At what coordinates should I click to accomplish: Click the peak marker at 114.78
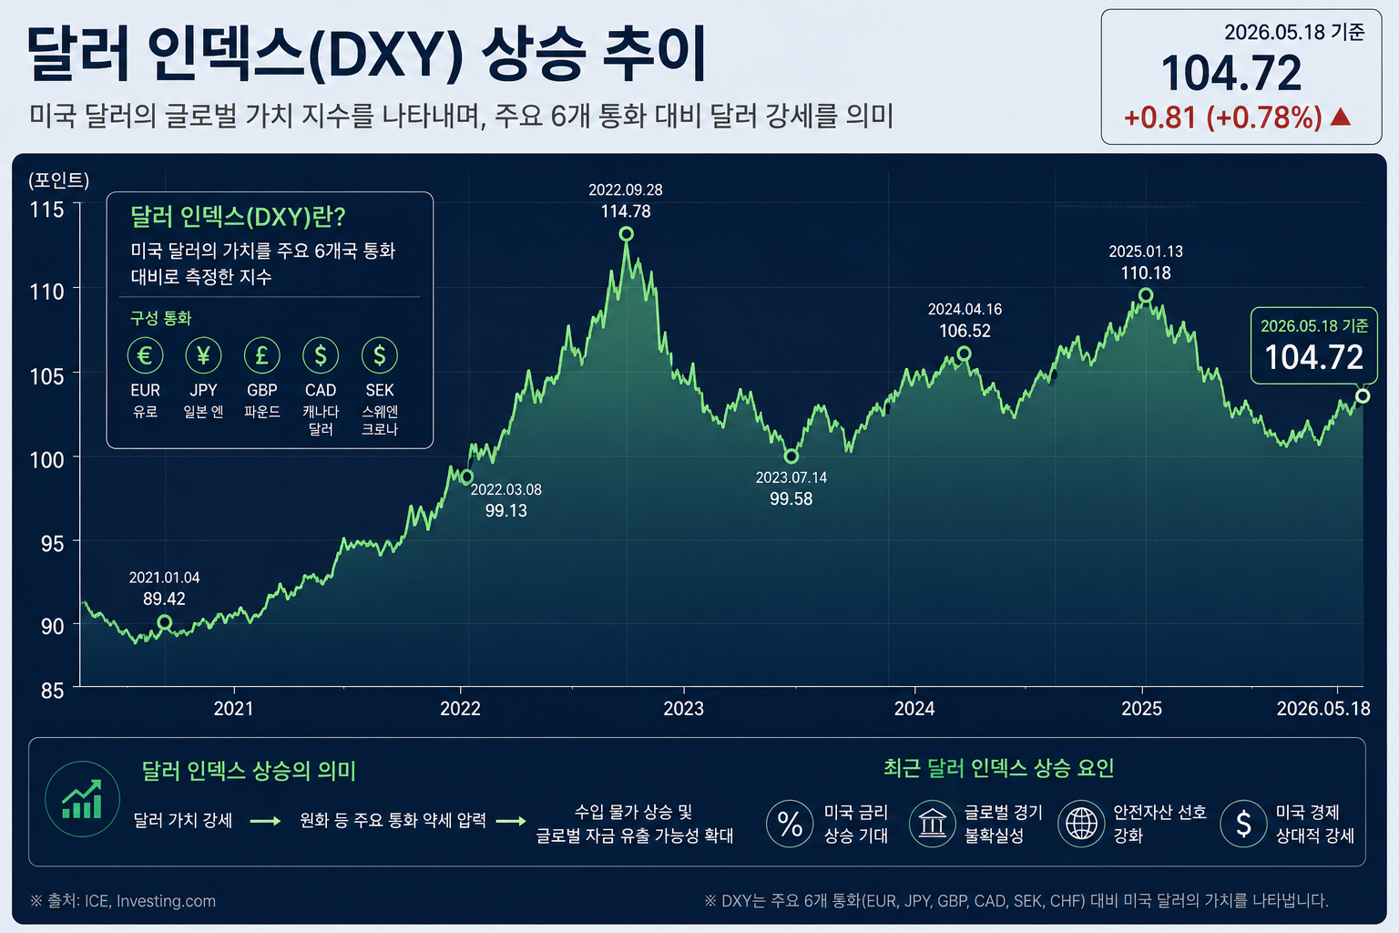(626, 234)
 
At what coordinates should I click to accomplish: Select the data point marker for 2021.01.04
(164, 621)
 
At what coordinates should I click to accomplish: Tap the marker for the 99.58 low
(791, 456)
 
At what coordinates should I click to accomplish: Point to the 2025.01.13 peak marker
(1146, 295)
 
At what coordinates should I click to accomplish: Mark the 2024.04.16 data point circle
(964, 354)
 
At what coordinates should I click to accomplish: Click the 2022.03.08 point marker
(466, 477)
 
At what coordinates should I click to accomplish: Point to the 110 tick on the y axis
(46, 292)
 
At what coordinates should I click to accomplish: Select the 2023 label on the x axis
(683, 709)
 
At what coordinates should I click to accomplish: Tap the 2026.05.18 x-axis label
(1323, 709)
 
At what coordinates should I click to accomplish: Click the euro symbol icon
(145, 355)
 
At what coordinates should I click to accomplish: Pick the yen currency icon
(204, 355)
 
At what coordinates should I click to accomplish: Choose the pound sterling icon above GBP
(261, 355)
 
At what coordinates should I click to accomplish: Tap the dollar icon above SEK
(379, 355)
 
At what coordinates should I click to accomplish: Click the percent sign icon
(790, 824)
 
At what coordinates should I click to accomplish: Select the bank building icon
(932, 824)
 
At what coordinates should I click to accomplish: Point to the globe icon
(1081, 824)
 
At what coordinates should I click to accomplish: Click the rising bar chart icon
(83, 799)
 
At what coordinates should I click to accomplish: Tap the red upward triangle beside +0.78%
(1341, 117)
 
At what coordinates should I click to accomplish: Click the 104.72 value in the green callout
(1313, 357)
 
